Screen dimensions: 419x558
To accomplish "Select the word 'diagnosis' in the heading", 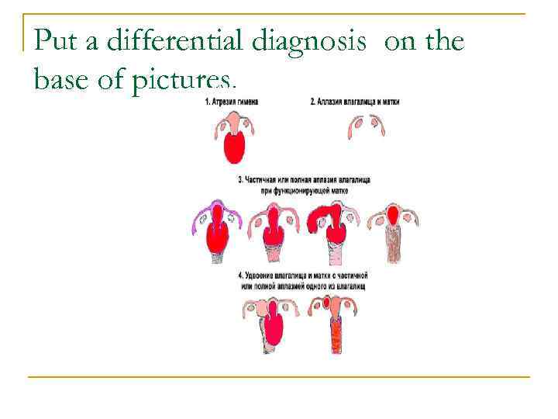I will (309, 40).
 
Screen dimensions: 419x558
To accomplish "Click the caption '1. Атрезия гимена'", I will (237, 102).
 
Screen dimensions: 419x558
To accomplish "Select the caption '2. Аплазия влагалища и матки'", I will (354, 102).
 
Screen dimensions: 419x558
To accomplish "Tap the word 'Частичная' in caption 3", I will (266, 179).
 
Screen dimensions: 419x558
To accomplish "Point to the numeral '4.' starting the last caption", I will (243, 276).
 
